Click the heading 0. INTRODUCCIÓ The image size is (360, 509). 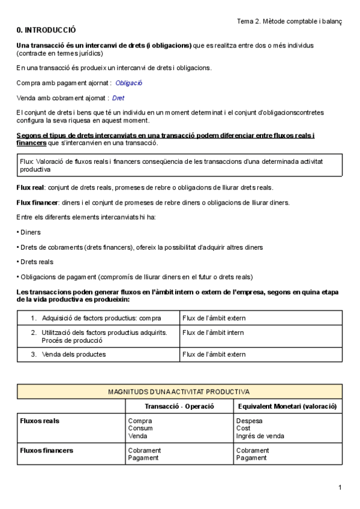46,30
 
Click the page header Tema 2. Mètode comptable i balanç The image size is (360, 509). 289,21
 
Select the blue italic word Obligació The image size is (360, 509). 129,83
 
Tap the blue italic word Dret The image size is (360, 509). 118,98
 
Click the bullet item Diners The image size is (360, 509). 31,232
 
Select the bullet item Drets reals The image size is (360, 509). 37,262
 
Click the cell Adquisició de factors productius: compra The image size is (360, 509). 101,318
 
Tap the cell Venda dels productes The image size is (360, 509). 74,354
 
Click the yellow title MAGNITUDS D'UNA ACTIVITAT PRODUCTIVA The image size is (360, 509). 179,392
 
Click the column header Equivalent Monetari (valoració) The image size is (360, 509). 287,406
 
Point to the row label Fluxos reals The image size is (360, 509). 40,421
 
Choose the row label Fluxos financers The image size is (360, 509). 47,450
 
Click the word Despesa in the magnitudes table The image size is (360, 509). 249,421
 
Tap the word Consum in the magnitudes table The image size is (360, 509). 140,429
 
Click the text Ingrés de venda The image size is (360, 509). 260,436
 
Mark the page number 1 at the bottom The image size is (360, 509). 340,487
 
